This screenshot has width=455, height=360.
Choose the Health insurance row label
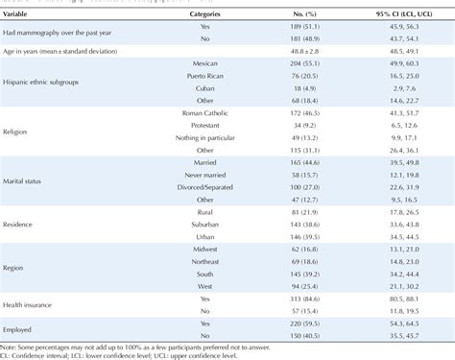(x=35, y=303)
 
